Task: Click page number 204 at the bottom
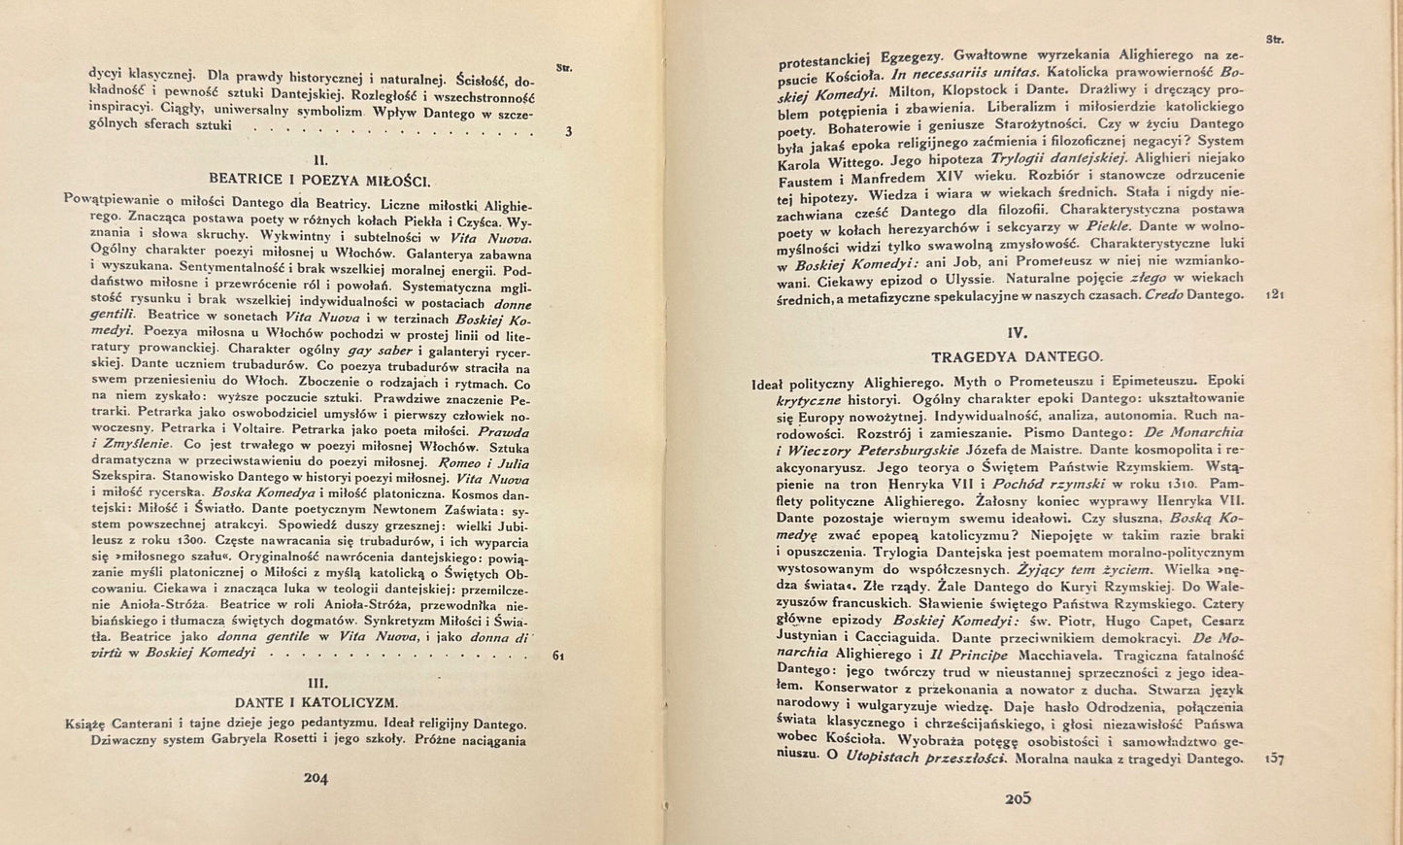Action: click(317, 776)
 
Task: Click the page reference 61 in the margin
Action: click(558, 656)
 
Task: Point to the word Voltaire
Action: click(282, 429)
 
